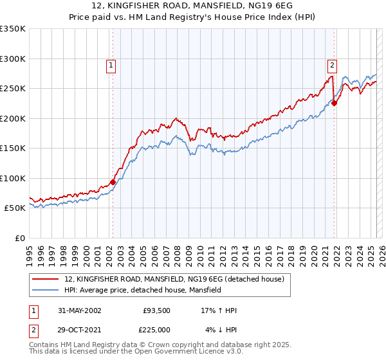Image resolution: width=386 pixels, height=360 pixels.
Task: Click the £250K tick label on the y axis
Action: pyautogui.click(x=13, y=89)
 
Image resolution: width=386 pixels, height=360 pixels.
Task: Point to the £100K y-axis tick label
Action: pyautogui.click(x=13, y=178)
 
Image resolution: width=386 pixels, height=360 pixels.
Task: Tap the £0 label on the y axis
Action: pyautogui.click(x=20, y=238)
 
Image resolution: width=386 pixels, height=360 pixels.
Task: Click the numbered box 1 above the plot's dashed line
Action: pyautogui.click(x=111, y=64)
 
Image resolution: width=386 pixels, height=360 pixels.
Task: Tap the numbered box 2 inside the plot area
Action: pyautogui.click(x=332, y=64)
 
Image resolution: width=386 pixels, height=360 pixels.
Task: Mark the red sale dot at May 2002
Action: pyautogui.click(x=113, y=182)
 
